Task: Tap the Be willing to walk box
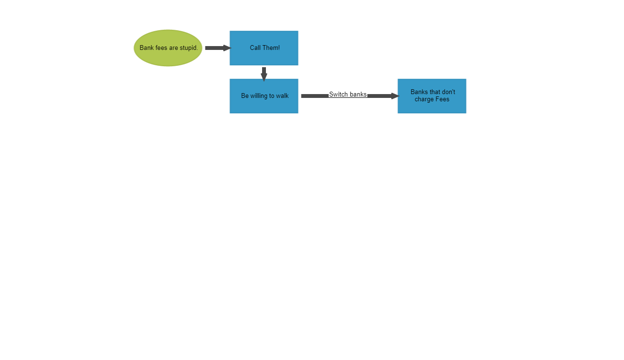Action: coord(264,106)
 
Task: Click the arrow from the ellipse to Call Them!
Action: coord(217,48)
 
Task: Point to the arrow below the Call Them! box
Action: coord(264,73)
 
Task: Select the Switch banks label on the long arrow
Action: coord(348,94)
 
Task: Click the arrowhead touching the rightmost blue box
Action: coord(395,96)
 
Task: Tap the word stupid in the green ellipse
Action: coord(189,48)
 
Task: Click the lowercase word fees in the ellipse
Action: coord(161,48)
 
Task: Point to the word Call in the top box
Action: coord(255,48)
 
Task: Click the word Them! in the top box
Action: coord(271,48)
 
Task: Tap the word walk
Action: coord(282,96)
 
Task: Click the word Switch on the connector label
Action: coord(338,94)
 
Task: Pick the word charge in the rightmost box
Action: coord(424,99)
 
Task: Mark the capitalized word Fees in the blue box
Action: coord(442,99)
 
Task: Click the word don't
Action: coord(447,92)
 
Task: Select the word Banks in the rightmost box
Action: coord(419,92)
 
